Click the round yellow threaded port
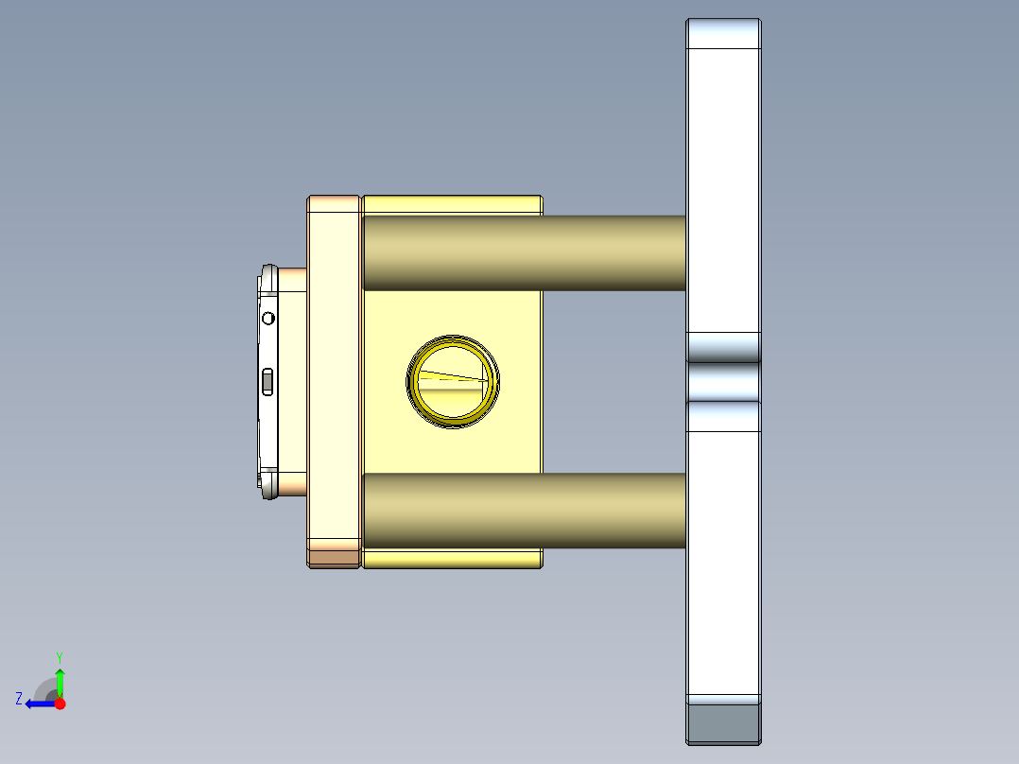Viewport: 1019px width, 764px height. click(x=453, y=380)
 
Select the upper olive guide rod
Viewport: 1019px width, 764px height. click(x=523, y=252)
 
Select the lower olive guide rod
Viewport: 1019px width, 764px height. click(x=523, y=511)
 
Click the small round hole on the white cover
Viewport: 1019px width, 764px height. click(x=268, y=318)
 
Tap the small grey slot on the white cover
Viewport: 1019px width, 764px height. click(x=268, y=381)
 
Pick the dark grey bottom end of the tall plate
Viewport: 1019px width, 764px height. click(x=723, y=723)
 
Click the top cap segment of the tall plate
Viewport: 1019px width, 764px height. click(x=723, y=34)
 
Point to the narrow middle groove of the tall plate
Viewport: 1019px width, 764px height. click(x=723, y=382)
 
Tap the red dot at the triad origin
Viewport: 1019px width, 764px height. click(x=60, y=703)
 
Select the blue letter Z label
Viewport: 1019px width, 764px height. click(x=19, y=699)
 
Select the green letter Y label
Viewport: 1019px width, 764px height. click(x=60, y=656)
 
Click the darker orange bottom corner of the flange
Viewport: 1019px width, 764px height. click(x=334, y=558)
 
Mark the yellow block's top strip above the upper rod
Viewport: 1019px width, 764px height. click(x=452, y=205)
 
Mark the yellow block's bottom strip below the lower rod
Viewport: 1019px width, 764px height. click(x=452, y=559)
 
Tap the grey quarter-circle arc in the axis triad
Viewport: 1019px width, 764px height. click(x=44, y=687)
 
